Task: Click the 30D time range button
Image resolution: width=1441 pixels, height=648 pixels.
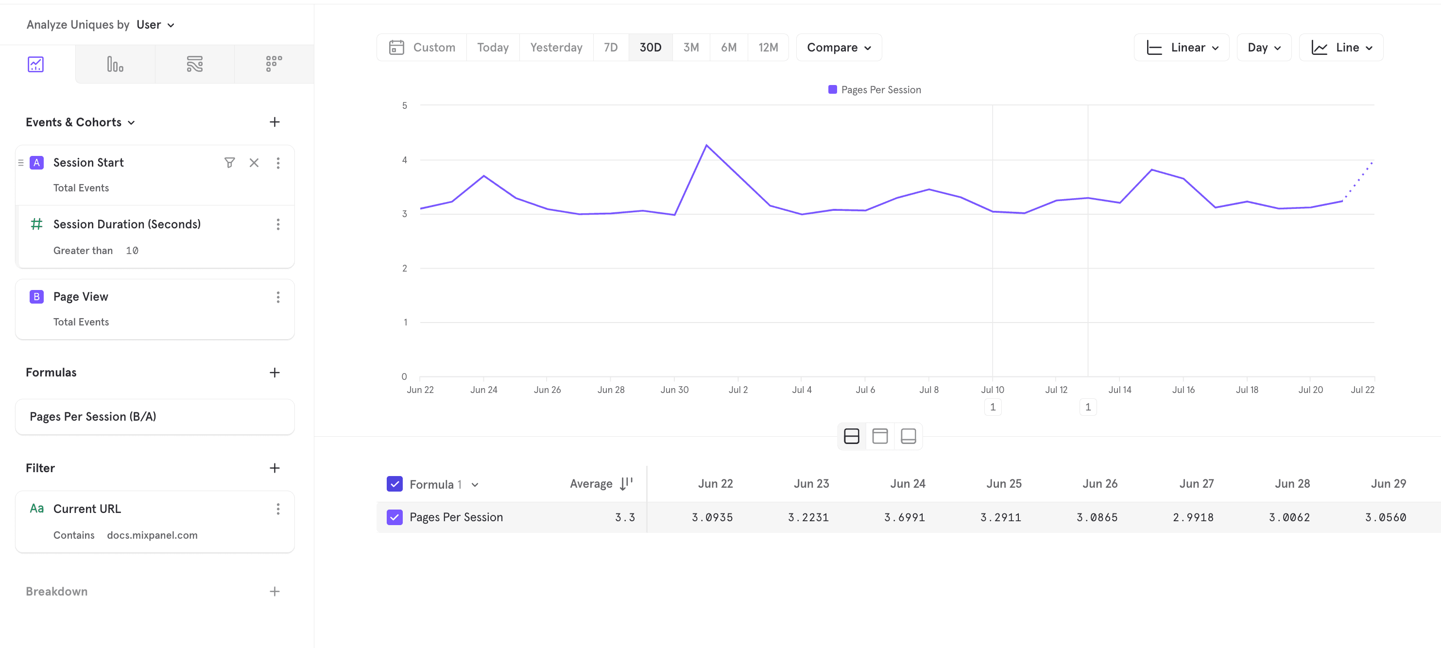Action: [x=650, y=48]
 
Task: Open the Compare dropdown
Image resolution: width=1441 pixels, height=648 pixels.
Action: [x=839, y=48]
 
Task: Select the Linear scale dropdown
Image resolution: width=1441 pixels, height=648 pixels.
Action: [x=1182, y=48]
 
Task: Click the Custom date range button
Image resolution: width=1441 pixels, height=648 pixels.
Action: [x=422, y=48]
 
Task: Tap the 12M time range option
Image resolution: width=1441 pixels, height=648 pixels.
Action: [x=768, y=48]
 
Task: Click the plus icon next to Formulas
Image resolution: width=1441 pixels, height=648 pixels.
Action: [x=274, y=373]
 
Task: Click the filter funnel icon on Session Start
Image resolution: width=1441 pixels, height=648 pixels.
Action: [x=229, y=163]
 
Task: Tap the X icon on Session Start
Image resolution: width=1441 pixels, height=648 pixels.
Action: [x=254, y=163]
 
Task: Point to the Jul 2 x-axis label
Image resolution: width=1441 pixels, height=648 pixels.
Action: [x=738, y=390]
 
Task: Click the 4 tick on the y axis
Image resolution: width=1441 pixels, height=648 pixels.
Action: [x=404, y=160]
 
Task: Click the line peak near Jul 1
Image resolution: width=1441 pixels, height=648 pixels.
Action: [x=706, y=145]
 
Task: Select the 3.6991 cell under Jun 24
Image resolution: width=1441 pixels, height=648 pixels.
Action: [x=904, y=517]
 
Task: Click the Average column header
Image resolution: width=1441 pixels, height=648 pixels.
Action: [x=591, y=484]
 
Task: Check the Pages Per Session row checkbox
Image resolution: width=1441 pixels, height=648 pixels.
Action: [x=395, y=517]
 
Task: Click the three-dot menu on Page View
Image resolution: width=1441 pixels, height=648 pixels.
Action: [x=278, y=297]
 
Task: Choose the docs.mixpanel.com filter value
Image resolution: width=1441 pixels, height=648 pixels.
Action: [x=152, y=535]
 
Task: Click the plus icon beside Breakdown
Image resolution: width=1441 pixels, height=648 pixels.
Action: [x=274, y=592]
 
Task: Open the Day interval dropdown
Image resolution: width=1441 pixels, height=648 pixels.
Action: [x=1264, y=48]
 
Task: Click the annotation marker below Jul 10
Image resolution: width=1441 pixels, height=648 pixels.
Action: [x=993, y=407]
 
